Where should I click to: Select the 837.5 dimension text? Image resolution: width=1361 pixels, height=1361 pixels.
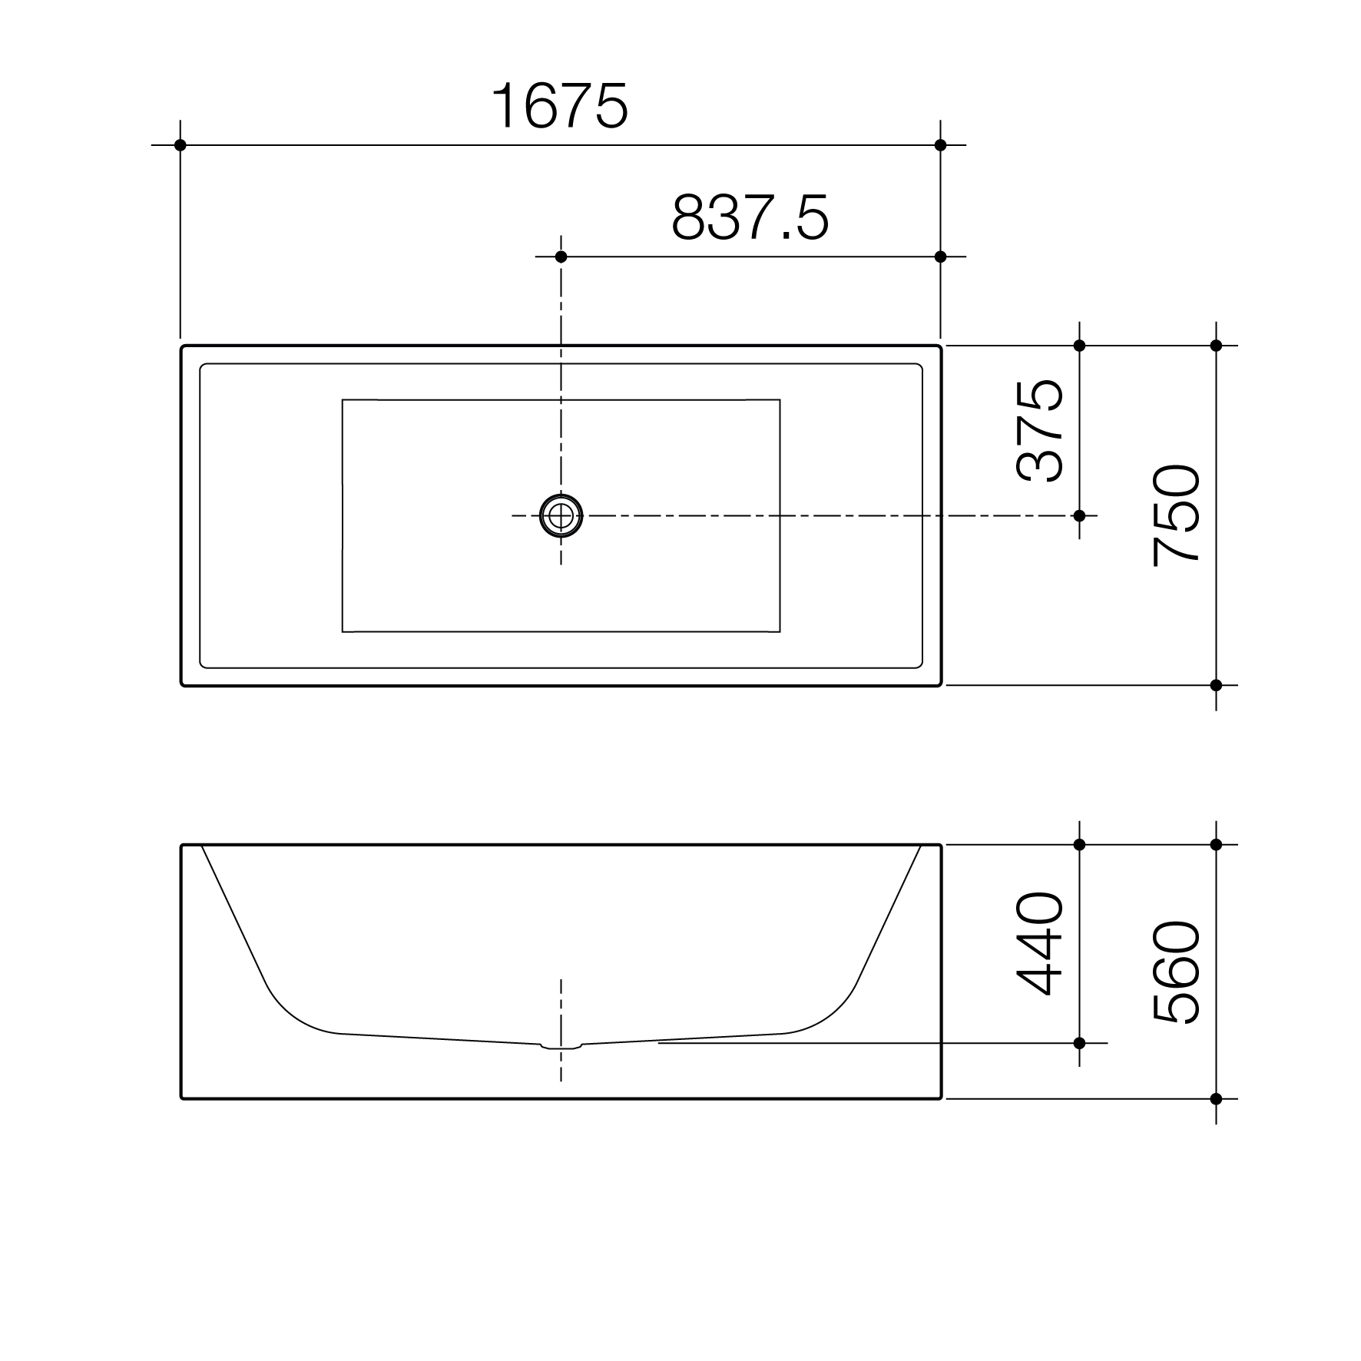[x=750, y=217]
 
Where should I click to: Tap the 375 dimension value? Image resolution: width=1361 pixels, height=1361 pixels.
[x=1039, y=430]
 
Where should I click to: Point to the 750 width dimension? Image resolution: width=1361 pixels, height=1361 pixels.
[x=1176, y=515]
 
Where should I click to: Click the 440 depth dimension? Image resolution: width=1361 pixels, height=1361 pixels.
[x=1039, y=944]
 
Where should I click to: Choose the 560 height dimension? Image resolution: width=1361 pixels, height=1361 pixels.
[x=1176, y=972]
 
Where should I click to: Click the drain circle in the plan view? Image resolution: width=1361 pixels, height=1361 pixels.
[x=561, y=515]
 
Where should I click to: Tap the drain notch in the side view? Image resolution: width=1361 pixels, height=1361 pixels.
[x=561, y=1045]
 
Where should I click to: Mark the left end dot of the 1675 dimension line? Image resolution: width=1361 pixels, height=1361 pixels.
[x=180, y=145]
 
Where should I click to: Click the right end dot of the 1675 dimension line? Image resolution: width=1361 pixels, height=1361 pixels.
[x=941, y=145]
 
